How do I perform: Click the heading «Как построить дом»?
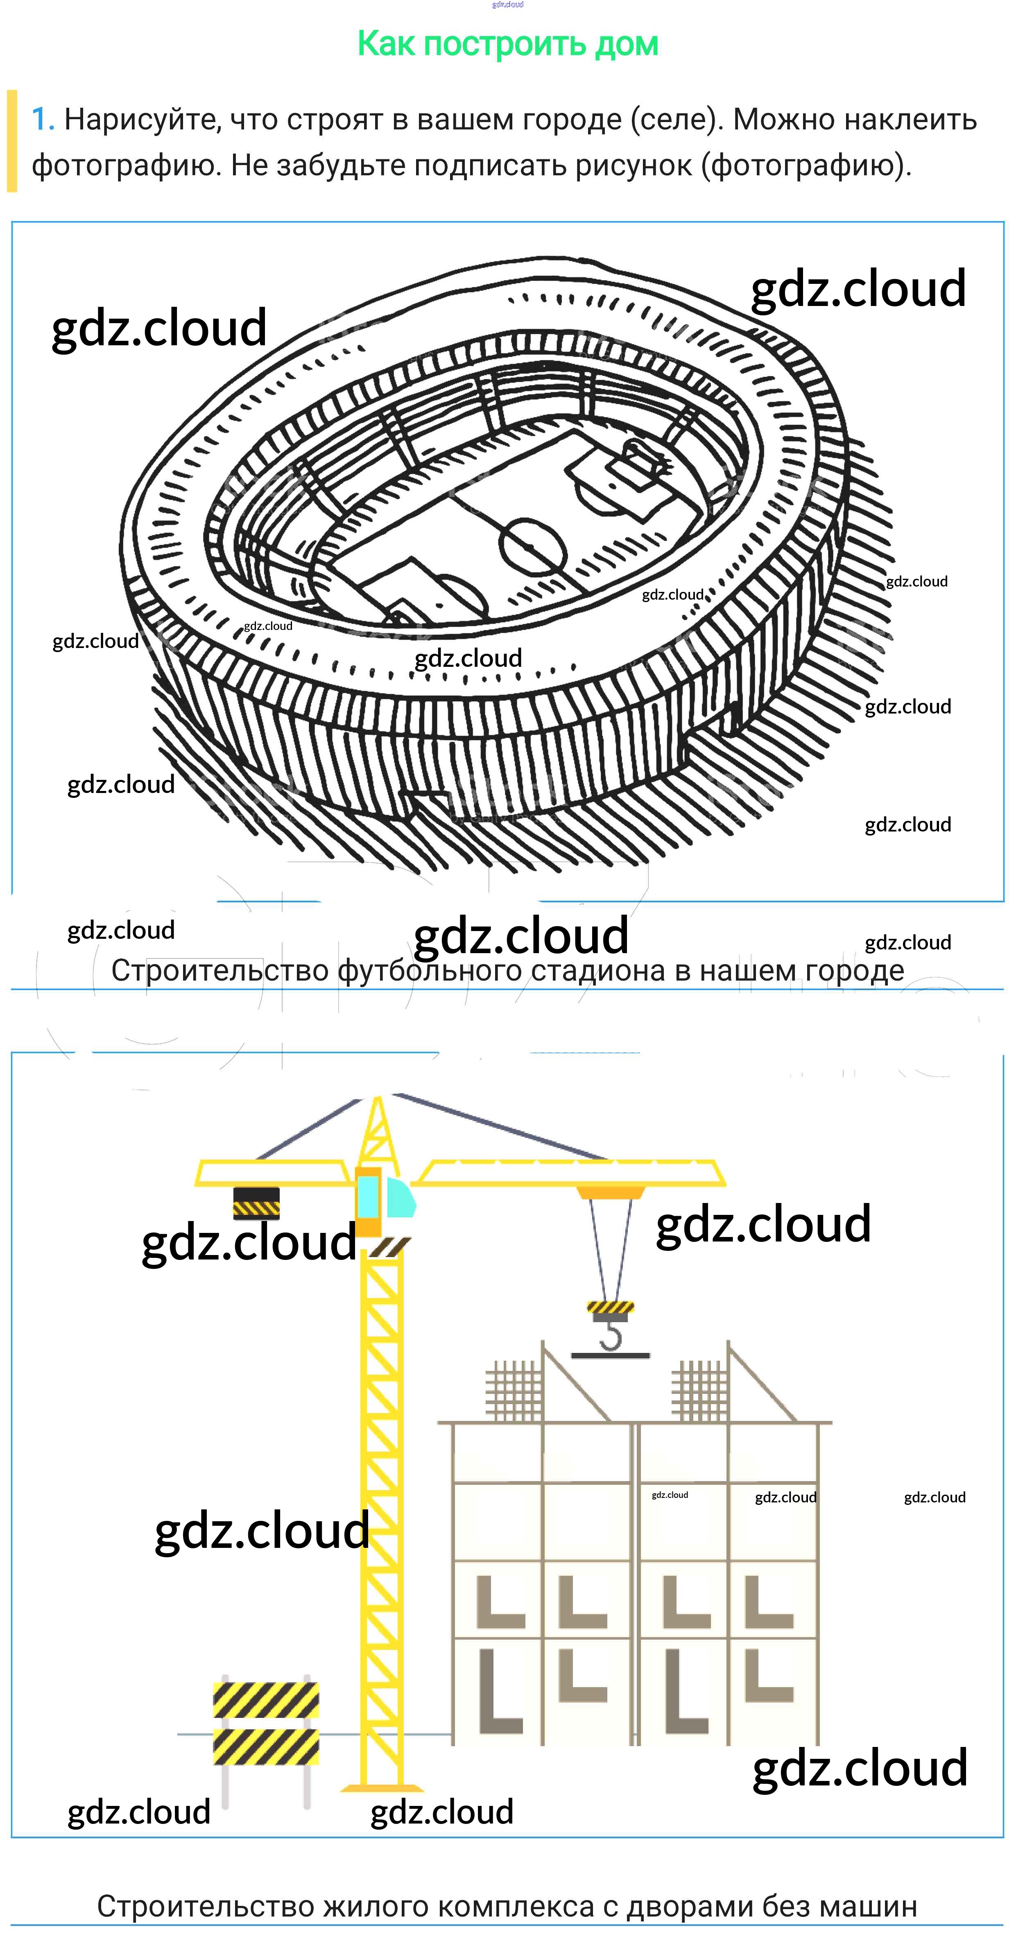pos(508,43)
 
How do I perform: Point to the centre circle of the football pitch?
pos(532,547)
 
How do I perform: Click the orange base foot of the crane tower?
pos(382,1788)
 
